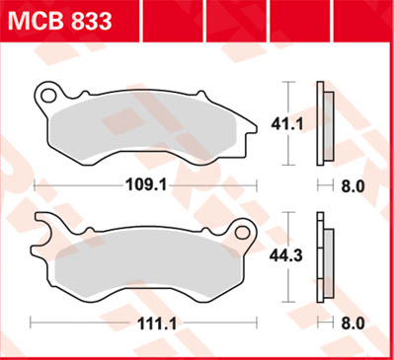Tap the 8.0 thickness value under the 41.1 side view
pos(353,184)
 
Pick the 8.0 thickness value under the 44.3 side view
pos(353,323)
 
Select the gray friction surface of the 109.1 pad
pos(138,128)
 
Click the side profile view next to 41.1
pos(321,123)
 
